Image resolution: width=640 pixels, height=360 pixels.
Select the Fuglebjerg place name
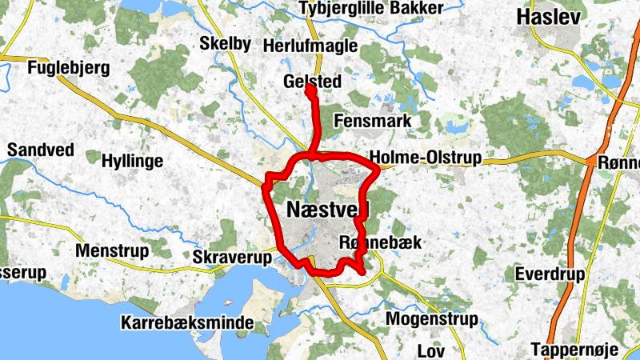pyautogui.click(x=68, y=68)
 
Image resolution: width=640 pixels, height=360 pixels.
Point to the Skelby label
pyautogui.click(x=225, y=43)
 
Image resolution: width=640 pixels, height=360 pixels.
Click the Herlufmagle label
pyautogui.click(x=310, y=46)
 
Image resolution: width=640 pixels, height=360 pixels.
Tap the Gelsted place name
pyautogui.click(x=312, y=82)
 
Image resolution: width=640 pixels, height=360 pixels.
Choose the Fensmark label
pyautogui.click(x=373, y=122)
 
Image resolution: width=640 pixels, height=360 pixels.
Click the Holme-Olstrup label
pyautogui.click(x=425, y=158)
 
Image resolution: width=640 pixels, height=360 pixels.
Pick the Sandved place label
pyautogui.click(x=40, y=150)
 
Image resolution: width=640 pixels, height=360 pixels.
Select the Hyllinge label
pyautogui.click(x=132, y=161)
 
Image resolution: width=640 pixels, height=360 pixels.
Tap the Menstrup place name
pyautogui.click(x=111, y=251)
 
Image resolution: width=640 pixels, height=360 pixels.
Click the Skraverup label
pyautogui.click(x=233, y=257)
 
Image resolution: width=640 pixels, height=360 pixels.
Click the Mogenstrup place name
pyautogui.click(x=432, y=319)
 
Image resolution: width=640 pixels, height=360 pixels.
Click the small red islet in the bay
pyautogui.click(x=228, y=303)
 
